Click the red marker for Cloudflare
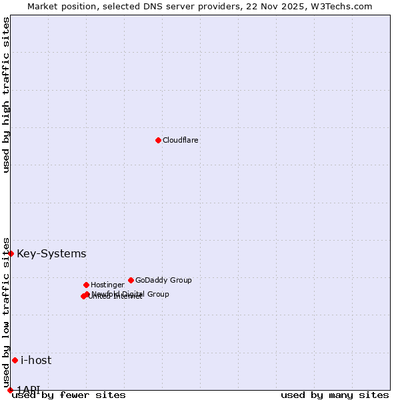[158, 140]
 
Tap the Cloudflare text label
[181, 140]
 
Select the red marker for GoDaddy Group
[131, 280]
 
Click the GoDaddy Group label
[163, 280]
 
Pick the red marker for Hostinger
[86, 285]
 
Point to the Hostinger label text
[107, 285]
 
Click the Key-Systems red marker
[11, 253]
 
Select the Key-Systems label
[51, 253]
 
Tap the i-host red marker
[15, 360]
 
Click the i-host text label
[36, 360]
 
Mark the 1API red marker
[10, 390]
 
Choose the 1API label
[29, 389]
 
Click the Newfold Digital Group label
[131, 294]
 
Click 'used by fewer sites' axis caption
[69, 395]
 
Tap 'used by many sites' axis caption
[335, 395]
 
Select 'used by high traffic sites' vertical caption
[6, 95]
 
